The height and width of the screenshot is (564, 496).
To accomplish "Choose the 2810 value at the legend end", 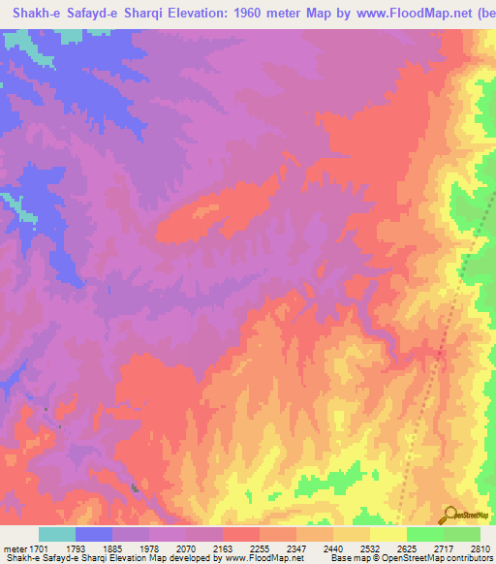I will point(480,548).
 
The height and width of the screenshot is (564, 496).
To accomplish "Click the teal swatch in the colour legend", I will point(57,534).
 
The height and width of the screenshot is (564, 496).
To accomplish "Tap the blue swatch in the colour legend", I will point(94,534).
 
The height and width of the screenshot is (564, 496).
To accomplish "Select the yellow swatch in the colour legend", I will point(387,534).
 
